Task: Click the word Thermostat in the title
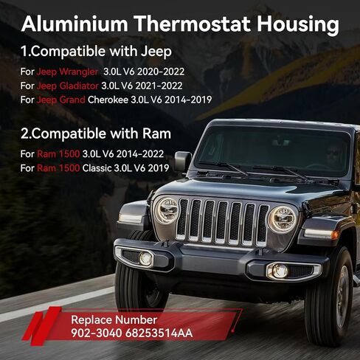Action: coord(193,24)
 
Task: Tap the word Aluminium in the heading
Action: coord(75,24)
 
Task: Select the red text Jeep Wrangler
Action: coord(67,72)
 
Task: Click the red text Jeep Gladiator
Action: coord(68,86)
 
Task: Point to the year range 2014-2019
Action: coord(188,100)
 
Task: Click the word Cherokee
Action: coord(108,100)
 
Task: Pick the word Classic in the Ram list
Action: coord(97,168)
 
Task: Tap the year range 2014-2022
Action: coord(140,154)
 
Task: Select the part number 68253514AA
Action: coord(159,333)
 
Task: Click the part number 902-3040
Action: coord(97,333)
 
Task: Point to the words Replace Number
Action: coord(114,320)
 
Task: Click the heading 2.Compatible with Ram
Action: coord(96,134)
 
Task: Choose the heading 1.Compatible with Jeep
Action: coord(96,52)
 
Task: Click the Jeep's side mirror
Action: coord(183,161)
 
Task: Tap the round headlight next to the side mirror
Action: coord(167,210)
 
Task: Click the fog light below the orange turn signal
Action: coord(279,271)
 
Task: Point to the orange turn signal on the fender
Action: coord(334,235)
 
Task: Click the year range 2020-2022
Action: coord(161,72)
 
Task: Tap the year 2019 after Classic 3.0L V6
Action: coord(159,168)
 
